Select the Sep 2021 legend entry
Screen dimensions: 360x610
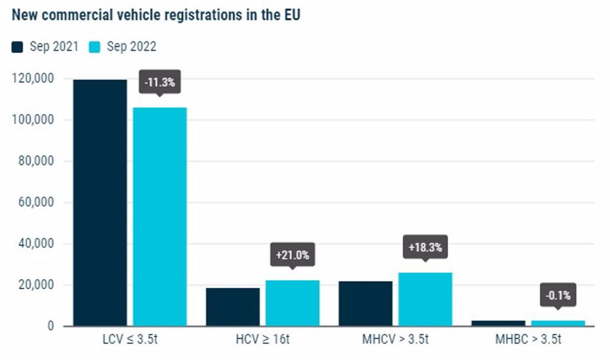[x=45, y=47]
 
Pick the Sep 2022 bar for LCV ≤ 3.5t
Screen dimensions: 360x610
[x=160, y=217]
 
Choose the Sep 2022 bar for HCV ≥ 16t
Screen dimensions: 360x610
[x=292, y=303]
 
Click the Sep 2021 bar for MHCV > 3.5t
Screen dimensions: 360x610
[x=365, y=303]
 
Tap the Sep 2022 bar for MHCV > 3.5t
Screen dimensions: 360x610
[x=425, y=299]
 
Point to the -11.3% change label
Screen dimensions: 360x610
[x=159, y=82]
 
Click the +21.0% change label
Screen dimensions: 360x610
[x=292, y=255]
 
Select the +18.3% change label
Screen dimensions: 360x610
[x=425, y=248]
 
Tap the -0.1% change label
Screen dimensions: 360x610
[x=558, y=296]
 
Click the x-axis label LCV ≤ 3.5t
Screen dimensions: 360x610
[x=130, y=339]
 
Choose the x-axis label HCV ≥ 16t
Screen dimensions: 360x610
[x=262, y=339]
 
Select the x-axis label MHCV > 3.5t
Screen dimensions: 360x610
[x=395, y=339]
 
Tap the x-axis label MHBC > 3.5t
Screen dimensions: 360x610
[x=528, y=339]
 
